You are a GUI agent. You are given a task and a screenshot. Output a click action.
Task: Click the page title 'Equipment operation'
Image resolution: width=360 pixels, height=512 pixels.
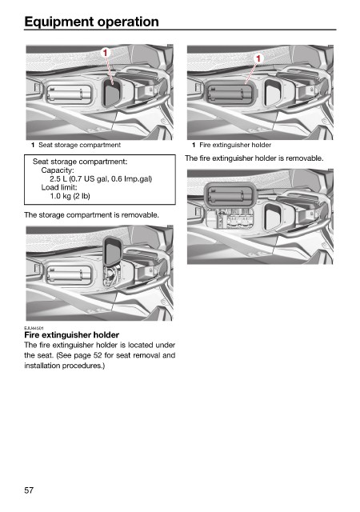pyautogui.click(x=91, y=22)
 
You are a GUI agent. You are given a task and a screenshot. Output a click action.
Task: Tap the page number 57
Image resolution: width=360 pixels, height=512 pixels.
pyautogui.click(x=29, y=490)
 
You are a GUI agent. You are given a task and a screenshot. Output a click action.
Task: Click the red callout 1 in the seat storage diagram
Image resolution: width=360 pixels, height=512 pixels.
pyautogui.click(x=106, y=52)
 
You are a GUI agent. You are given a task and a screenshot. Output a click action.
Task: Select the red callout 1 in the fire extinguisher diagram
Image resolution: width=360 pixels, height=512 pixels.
pyautogui.click(x=258, y=58)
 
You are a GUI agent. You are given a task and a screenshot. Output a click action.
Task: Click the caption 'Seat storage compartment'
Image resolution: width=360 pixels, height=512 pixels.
pyautogui.click(x=79, y=145)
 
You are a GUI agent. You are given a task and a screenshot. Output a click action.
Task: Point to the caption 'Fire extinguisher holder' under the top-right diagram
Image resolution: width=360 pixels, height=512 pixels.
pyautogui.click(x=235, y=145)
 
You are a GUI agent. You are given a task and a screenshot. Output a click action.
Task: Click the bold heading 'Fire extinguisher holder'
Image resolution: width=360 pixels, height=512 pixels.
pyautogui.click(x=71, y=334)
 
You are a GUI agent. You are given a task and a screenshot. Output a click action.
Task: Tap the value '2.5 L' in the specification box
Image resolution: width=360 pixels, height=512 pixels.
pyautogui.click(x=58, y=178)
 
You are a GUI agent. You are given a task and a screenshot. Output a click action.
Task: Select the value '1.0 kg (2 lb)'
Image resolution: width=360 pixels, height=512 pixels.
pyautogui.click(x=70, y=196)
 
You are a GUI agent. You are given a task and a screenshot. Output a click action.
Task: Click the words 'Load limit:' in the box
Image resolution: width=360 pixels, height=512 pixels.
pyautogui.click(x=59, y=187)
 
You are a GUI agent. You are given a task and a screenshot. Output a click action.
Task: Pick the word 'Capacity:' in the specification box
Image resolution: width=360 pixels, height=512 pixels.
pyautogui.click(x=58, y=170)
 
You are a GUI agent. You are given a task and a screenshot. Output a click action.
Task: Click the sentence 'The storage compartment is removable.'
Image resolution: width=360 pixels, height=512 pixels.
pyautogui.click(x=91, y=215)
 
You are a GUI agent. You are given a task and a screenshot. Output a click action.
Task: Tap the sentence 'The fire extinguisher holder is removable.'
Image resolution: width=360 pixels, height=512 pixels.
pyautogui.click(x=254, y=158)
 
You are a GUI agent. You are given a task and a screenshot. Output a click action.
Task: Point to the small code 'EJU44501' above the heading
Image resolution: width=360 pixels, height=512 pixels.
pyautogui.click(x=34, y=327)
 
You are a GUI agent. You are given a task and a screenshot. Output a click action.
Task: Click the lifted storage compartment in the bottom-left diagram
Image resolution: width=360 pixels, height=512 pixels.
pyautogui.click(x=113, y=253)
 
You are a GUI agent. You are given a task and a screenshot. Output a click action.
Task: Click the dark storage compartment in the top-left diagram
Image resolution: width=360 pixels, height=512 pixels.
pyautogui.click(x=112, y=93)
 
